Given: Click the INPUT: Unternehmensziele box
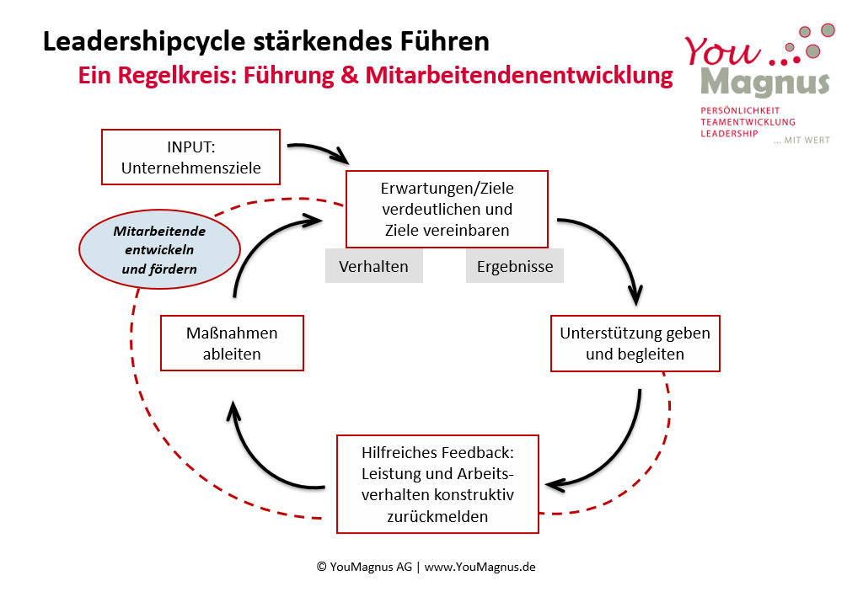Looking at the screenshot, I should tap(190, 157).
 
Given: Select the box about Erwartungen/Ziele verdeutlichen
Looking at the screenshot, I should tap(447, 208).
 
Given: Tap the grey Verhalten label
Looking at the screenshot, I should tap(373, 266).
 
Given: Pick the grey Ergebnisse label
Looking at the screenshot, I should tap(515, 266).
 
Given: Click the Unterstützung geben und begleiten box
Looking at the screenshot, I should tap(635, 343).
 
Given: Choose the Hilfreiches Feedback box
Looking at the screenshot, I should tap(437, 483).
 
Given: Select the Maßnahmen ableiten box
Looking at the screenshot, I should tap(232, 343).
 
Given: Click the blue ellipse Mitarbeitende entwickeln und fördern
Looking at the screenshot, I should tap(159, 249).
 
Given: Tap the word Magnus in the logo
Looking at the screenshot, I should tap(764, 83).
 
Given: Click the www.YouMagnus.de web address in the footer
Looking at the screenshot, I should tap(480, 567).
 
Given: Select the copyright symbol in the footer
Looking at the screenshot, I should tap(321, 567).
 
